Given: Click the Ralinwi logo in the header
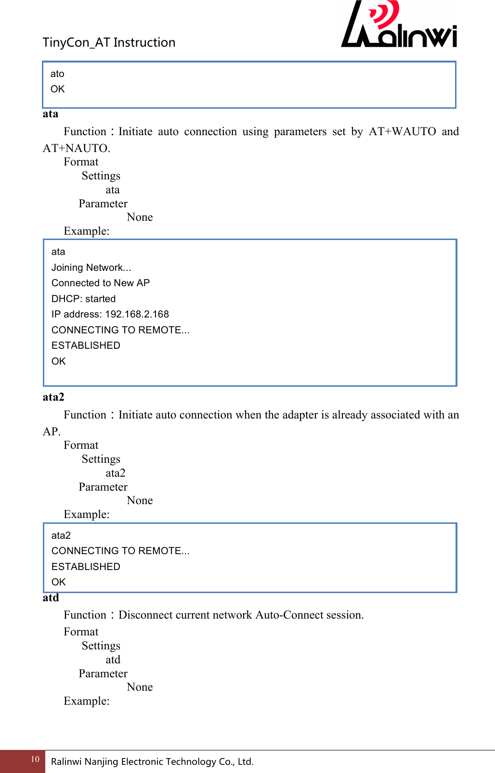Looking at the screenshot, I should [399, 25].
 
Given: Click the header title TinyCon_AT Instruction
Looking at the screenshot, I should [109, 42].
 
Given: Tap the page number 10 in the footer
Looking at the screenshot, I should [35, 759].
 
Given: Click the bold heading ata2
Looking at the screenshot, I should [53, 397].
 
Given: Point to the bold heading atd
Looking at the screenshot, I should [51, 597].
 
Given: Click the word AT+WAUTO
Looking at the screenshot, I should [402, 131].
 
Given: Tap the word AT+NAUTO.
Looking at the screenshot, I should [76, 148].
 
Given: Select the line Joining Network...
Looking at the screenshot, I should [91, 267].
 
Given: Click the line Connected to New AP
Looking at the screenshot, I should [101, 283].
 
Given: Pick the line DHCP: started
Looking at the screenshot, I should [83, 299].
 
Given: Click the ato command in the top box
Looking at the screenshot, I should [57, 74].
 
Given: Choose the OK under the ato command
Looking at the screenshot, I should [57, 89].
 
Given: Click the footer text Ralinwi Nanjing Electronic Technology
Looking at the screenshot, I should [152, 761].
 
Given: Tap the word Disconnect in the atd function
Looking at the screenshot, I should [145, 615].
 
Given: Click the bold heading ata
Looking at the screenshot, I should [51, 114].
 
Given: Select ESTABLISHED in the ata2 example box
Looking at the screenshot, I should [86, 567].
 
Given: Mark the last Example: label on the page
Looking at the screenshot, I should [87, 701].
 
